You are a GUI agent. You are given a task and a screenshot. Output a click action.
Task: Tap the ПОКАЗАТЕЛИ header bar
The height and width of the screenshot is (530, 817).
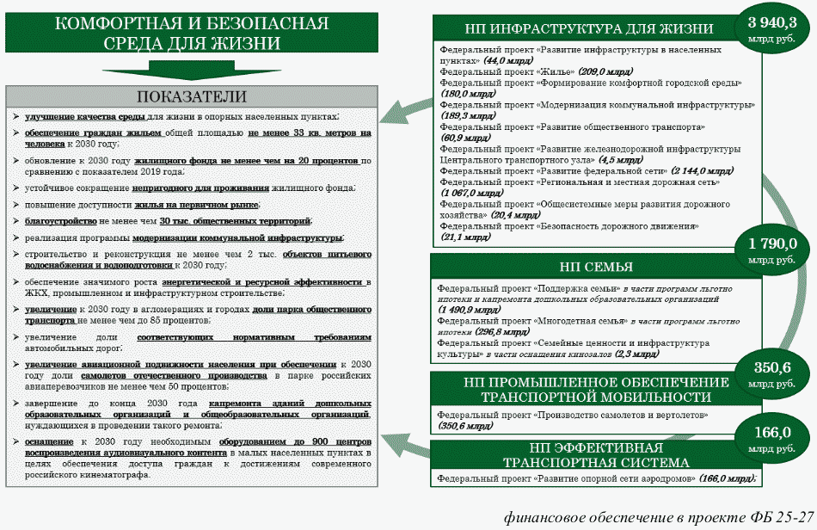(x=192, y=96)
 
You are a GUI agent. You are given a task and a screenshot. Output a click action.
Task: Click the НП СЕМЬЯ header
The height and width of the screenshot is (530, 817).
(x=596, y=267)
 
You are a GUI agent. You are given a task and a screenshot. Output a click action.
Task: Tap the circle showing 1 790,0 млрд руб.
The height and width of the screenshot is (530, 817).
(x=771, y=250)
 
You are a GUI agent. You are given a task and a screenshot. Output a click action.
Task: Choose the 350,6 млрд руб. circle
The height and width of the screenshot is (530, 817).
(x=771, y=376)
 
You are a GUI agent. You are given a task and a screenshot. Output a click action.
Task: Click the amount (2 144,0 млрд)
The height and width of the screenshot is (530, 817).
(x=703, y=171)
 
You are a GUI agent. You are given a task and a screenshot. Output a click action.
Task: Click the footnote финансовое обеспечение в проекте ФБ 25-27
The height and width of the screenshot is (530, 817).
(x=659, y=516)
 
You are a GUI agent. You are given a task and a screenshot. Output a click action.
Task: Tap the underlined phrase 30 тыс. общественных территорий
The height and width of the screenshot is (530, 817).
(x=216, y=221)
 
